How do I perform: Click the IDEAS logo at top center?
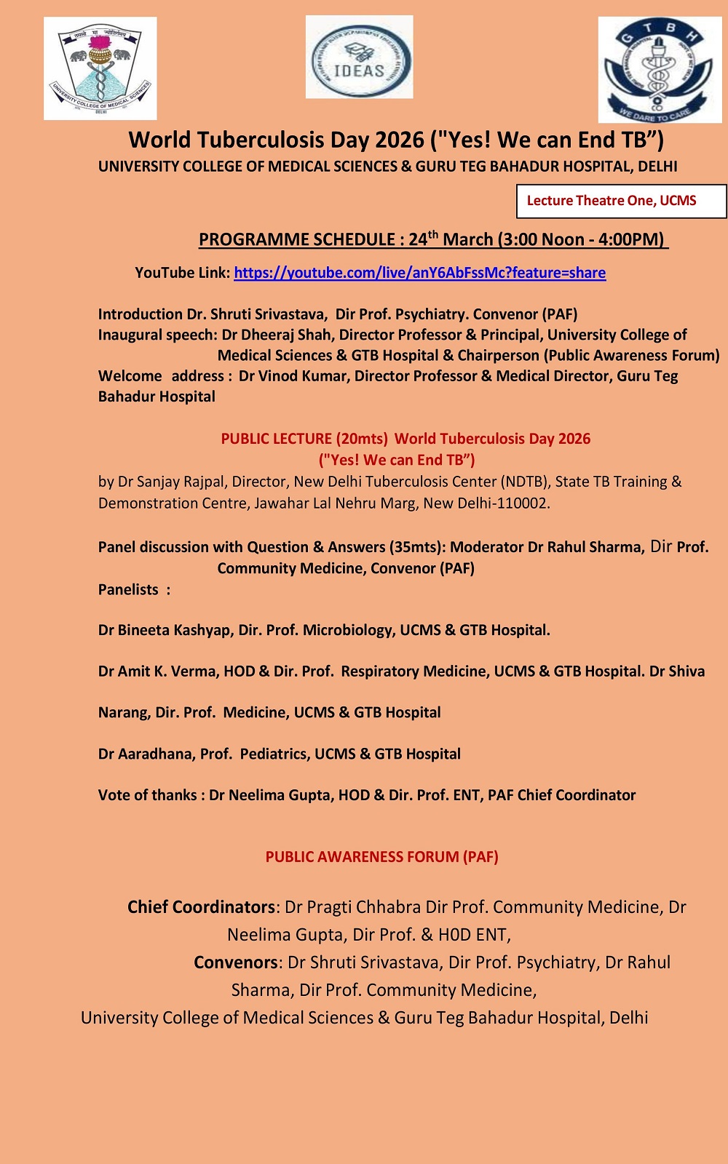[359, 57]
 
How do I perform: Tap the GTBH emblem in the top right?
[660, 70]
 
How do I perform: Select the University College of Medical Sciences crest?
[100, 68]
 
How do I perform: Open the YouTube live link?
[419, 273]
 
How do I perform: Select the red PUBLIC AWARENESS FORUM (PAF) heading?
[381, 857]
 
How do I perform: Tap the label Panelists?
[129, 589]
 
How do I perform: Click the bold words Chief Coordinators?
[201, 907]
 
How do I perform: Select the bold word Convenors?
[235, 962]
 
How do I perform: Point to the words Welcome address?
[161, 376]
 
